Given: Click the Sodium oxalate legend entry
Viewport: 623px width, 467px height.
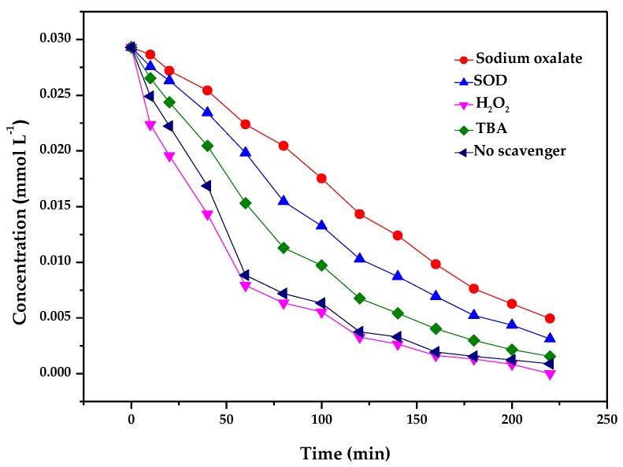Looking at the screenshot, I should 519,59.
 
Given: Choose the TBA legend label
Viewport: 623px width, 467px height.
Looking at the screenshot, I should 489,128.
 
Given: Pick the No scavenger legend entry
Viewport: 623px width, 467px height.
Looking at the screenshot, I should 519,150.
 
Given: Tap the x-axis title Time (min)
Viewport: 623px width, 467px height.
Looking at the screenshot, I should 345,454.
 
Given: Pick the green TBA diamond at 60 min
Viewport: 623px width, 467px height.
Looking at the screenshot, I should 246,203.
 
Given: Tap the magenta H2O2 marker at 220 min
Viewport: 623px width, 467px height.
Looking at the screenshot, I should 550,374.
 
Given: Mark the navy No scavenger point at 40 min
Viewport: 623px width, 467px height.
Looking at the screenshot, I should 207,186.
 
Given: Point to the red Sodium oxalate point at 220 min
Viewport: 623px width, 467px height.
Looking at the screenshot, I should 550,318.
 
